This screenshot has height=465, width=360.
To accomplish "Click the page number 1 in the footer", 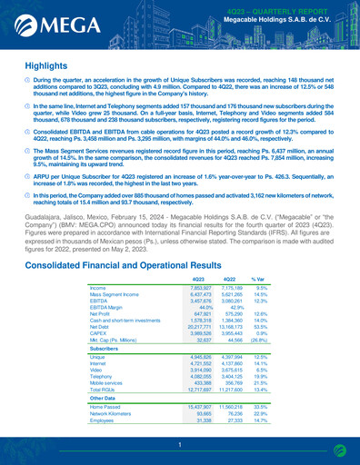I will coord(180,444).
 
